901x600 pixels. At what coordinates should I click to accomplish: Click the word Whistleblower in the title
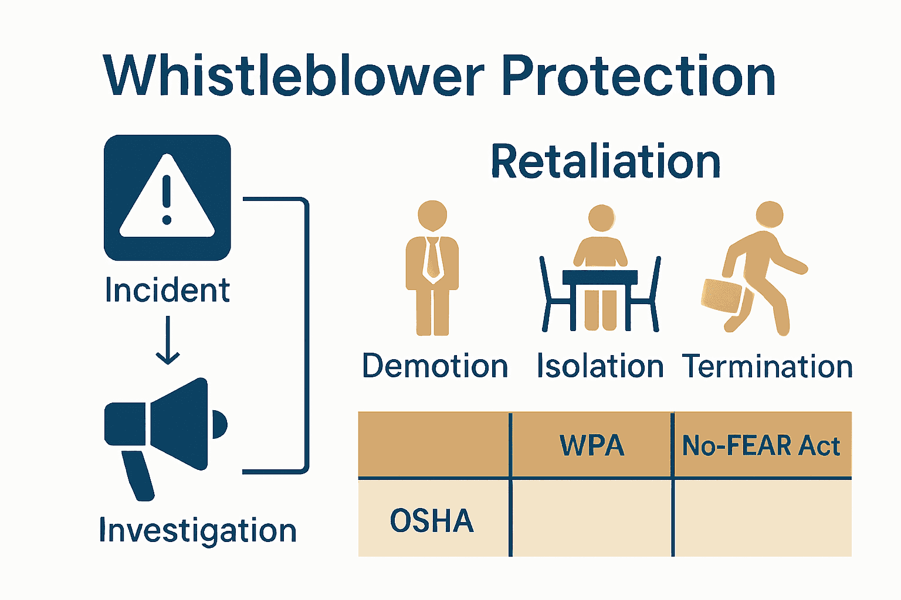(293, 76)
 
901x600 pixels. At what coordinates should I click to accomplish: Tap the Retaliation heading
(605, 162)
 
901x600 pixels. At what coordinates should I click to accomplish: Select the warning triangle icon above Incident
(167, 197)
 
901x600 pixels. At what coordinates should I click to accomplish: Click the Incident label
(167, 291)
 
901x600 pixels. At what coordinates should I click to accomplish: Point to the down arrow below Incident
(168, 340)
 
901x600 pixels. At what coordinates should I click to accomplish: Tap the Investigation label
(198, 531)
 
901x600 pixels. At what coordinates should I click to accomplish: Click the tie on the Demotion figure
(433, 258)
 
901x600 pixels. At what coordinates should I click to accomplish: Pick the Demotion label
(435, 367)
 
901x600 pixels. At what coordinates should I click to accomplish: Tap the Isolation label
(600, 367)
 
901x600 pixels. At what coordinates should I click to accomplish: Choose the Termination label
(767, 367)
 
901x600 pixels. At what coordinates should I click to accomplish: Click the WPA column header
(592, 445)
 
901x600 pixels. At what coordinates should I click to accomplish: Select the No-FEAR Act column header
(761, 445)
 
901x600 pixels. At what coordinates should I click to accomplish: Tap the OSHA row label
(432, 520)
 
